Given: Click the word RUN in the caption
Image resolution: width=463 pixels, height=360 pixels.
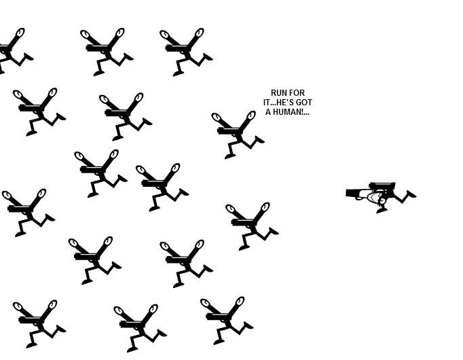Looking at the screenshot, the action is click(277, 93).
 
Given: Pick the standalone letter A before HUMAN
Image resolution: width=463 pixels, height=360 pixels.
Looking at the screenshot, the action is click(268, 112).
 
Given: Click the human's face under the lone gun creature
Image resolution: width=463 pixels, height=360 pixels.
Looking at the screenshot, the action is click(375, 197).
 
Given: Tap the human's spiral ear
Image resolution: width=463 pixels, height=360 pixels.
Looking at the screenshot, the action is click(383, 201).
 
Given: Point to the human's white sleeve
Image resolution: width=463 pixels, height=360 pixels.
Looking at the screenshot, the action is click(362, 195).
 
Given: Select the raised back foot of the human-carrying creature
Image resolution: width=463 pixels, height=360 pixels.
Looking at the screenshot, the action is click(411, 194).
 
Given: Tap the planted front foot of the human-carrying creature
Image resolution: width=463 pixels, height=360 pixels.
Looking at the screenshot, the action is click(382, 211).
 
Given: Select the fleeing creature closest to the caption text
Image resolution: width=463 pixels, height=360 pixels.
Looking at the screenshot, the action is click(238, 135).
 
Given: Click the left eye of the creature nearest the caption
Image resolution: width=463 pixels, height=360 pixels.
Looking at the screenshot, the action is click(217, 118).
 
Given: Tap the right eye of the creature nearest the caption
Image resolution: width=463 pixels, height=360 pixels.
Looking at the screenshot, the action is click(251, 115).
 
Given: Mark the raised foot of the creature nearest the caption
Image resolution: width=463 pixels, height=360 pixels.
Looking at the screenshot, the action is click(259, 139).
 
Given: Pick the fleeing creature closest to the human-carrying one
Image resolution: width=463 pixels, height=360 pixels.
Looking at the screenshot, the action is click(252, 226).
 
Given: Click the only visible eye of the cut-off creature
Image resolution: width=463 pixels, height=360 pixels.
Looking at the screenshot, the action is click(20, 33).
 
